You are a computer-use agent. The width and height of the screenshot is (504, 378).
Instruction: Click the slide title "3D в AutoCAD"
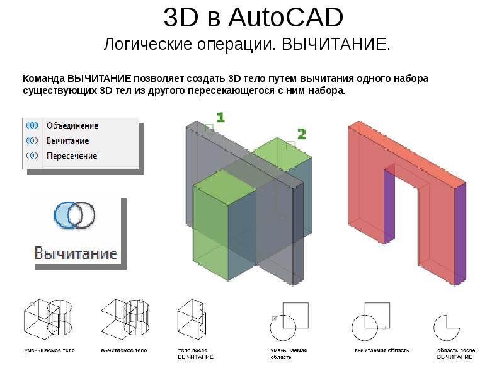coord(253,18)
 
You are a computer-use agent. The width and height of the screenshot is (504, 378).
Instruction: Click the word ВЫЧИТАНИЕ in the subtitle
coord(335,45)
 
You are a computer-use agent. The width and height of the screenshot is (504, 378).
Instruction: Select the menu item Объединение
coord(72,125)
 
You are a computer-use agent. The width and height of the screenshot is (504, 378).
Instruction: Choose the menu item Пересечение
coord(72,156)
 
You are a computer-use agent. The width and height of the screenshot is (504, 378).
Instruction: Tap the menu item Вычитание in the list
coord(67,140)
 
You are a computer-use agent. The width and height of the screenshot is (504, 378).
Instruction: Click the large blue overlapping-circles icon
coord(74,214)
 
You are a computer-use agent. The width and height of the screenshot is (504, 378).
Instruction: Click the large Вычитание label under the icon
coord(76,253)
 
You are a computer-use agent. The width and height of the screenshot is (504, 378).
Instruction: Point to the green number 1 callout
coord(220,117)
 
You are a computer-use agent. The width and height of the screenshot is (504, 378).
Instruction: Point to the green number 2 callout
coord(302,134)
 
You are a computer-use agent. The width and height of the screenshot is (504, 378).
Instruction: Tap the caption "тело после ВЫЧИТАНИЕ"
coord(195,353)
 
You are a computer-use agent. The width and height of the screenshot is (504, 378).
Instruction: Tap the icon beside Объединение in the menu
coord(30,125)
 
